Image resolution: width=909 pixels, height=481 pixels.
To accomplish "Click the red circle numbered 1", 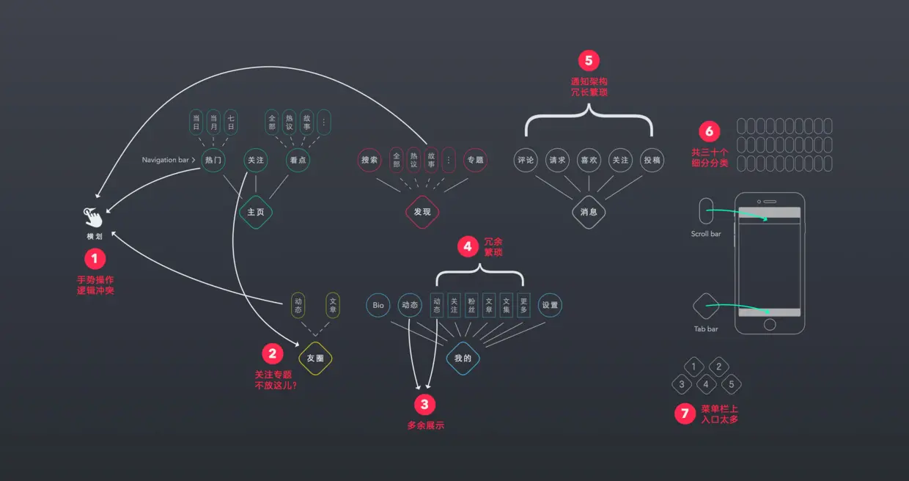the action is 95,258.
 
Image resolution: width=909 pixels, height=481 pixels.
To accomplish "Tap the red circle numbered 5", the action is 589,61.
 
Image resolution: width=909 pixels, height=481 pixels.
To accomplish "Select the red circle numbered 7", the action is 685,414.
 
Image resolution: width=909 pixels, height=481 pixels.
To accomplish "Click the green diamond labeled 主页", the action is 256,212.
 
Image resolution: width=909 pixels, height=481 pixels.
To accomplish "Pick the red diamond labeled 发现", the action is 422,212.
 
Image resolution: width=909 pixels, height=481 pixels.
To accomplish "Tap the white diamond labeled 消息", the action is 589,212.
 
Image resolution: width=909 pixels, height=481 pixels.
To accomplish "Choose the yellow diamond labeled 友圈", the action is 316,359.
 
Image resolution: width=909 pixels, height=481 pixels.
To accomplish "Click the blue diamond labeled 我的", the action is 463,359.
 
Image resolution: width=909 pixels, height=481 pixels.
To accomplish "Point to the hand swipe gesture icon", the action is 93,217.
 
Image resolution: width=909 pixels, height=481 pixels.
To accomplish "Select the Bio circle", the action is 378,305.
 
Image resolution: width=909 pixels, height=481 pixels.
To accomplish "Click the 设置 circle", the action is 550,305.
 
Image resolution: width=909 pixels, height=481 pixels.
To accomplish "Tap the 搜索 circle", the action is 369,160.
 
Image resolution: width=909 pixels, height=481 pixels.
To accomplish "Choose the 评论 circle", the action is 526,160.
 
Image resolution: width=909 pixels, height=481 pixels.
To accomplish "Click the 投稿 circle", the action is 652,160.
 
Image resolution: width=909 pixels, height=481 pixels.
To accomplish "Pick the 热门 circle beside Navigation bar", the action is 213,160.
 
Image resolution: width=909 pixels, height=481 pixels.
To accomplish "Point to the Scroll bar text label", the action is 706,234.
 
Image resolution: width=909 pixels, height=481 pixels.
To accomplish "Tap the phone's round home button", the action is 770,324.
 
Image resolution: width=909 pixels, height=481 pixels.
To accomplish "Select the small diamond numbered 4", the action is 706,383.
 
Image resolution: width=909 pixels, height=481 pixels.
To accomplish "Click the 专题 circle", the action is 475,160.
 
